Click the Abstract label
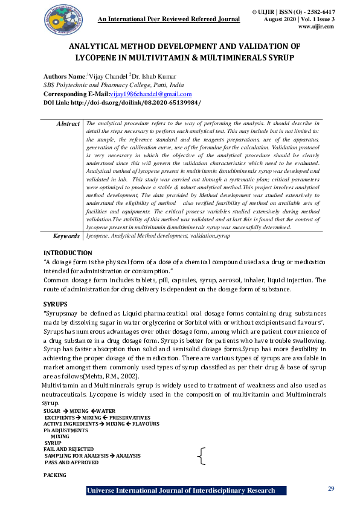coord(68,123)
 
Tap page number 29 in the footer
coord(330,488)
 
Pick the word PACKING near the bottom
coord(54,475)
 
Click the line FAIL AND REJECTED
coord(68,449)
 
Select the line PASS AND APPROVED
coord(71,461)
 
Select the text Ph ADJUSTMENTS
coord(65,430)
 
